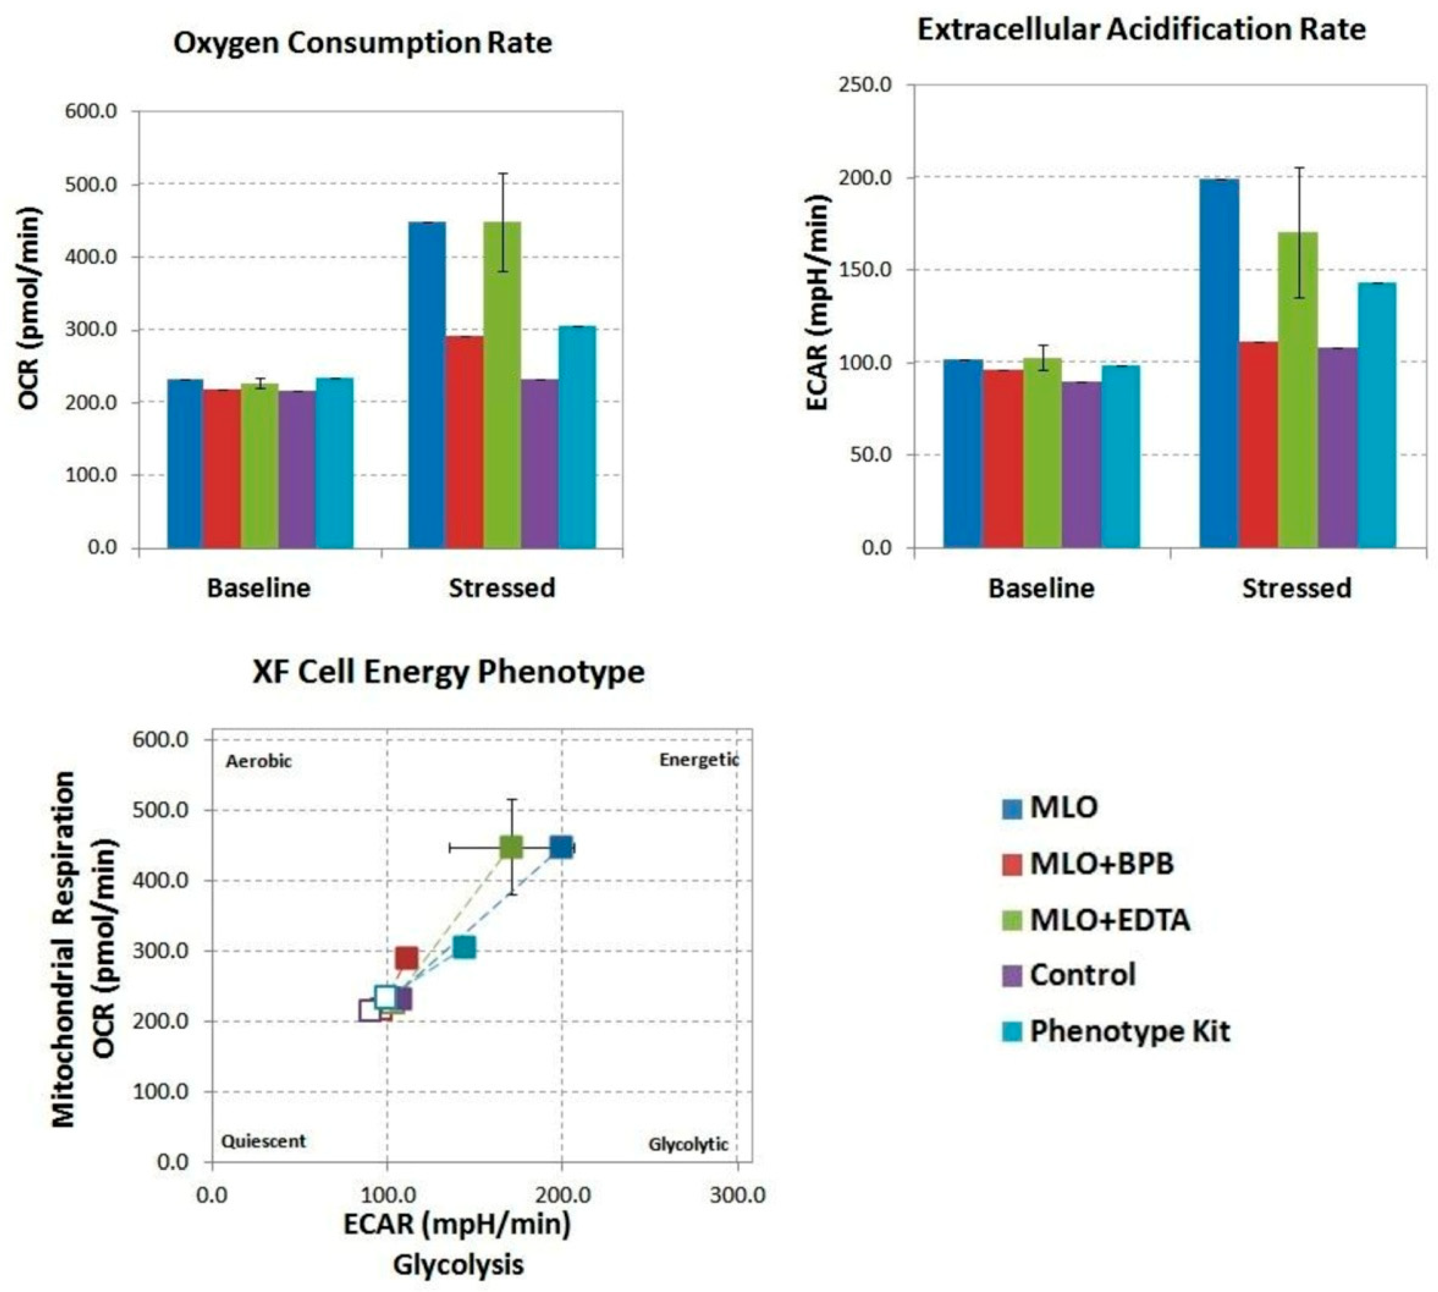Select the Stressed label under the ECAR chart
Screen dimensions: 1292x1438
[x=1296, y=588]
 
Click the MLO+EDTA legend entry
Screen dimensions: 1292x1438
[x=1109, y=920]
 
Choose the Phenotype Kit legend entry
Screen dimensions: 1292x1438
[x=1129, y=1031]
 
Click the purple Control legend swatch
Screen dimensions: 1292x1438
[x=1012, y=975]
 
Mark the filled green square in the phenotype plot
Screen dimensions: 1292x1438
[x=511, y=847]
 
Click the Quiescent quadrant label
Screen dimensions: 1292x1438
[x=263, y=1141]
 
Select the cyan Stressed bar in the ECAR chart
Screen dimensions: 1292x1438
[x=1376, y=415]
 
